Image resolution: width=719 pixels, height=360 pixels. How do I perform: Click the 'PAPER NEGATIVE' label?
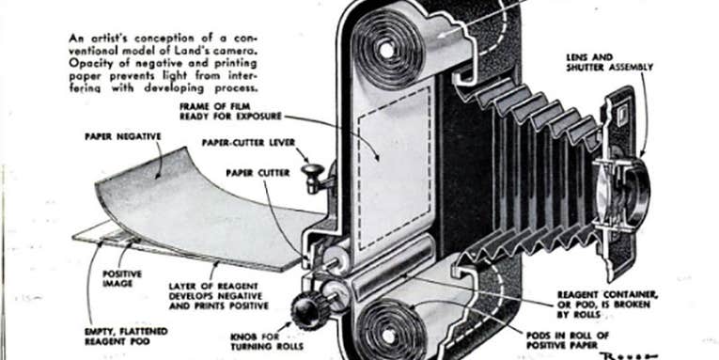pos(123,136)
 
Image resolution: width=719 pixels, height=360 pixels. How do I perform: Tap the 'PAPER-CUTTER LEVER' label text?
pos(248,143)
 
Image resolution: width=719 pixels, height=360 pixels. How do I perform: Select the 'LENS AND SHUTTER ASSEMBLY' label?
pos(609,62)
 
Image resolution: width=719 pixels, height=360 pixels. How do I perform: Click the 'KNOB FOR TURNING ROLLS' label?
pos(267,341)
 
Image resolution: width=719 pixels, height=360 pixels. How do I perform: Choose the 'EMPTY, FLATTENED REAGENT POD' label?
pos(127,337)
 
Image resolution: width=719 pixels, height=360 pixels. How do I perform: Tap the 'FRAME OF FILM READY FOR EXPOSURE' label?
pos(230,112)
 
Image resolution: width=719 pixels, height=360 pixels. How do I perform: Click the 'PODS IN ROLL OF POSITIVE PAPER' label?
pos(568,340)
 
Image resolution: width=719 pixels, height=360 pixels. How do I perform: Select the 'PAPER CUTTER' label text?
pos(258,173)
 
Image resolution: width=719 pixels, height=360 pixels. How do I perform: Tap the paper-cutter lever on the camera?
pos(314,177)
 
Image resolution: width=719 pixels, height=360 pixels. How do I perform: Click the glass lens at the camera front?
pos(620,193)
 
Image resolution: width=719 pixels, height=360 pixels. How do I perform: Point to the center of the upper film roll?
pos(386,50)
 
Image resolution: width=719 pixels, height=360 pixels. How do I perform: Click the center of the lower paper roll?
pos(389,336)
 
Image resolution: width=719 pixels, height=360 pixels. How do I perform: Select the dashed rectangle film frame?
pos(394,168)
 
